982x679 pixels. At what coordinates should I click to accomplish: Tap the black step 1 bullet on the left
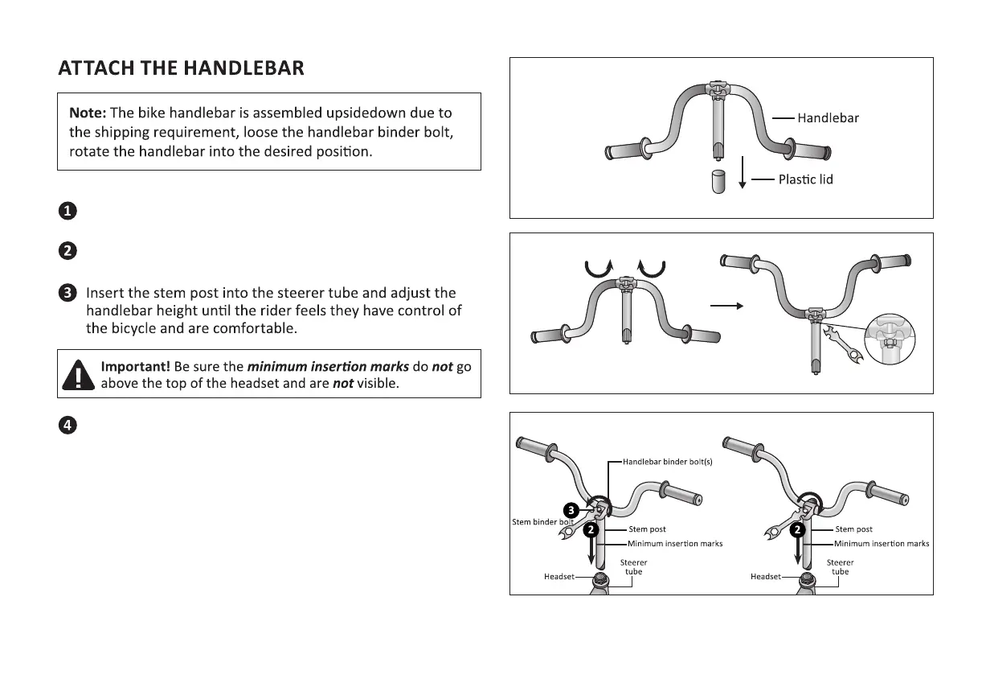click(68, 212)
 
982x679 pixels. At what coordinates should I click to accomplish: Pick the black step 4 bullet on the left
click(68, 426)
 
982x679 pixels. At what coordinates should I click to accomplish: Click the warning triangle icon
click(78, 374)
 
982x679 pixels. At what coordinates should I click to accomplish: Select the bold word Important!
click(134, 366)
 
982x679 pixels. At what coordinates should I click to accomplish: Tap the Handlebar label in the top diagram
click(828, 118)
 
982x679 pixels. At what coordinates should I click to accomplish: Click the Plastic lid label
click(805, 179)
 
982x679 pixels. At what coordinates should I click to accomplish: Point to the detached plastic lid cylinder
click(718, 181)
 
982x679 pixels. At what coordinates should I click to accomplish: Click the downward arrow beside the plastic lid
click(743, 173)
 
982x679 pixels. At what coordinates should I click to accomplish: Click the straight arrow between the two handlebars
click(727, 306)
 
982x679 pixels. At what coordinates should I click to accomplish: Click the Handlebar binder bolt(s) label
click(668, 463)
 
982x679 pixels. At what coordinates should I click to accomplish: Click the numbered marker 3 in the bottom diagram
click(570, 510)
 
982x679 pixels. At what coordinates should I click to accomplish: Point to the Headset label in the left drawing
click(559, 577)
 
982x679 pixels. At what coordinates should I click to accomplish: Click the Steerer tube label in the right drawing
click(840, 567)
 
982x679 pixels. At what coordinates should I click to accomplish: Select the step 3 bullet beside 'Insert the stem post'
click(68, 293)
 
